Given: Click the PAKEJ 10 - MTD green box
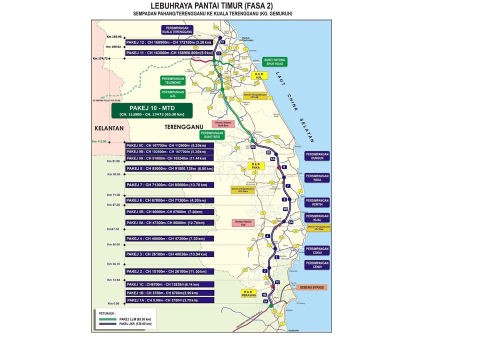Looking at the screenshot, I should click(x=150, y=110).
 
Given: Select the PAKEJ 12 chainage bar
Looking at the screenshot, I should click(x=170, y=42).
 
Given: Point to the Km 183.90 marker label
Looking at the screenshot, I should click(x=114, y=37).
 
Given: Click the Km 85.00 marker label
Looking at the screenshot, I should click(x=114, y=174).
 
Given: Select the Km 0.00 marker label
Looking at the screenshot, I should click(x=114, y=303).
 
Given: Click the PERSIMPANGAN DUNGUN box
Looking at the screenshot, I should click(x=317, y=156).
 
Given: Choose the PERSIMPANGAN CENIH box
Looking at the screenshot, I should click(x=317, y=265).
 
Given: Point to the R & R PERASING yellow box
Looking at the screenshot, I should click(x=249, y=293).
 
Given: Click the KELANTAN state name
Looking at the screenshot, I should click(x=109, y=128).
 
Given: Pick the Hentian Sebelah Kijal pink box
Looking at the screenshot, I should click(x=239, y=223).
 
